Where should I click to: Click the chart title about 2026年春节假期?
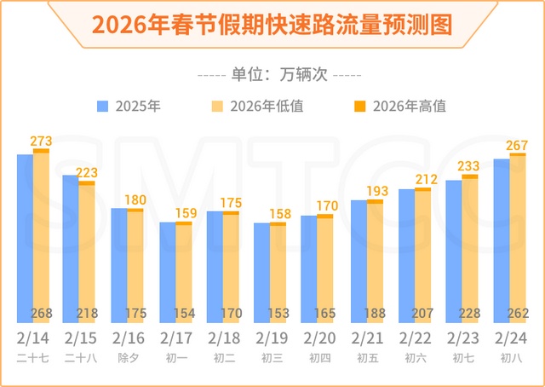tap(272, 24)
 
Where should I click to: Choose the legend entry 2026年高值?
tap(400, 107)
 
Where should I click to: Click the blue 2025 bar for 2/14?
tap(25, 239)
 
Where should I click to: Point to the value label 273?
tap(41, 141)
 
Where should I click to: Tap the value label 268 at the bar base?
tap(42, 313)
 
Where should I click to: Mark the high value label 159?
tap(183, 213)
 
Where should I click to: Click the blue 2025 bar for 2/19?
tap(261, 273)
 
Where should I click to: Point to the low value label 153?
tap(279, 313)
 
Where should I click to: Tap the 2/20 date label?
tap(318, 338)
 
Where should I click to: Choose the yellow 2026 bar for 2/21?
tap(375, 264)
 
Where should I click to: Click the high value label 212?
tap(423, 180)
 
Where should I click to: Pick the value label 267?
tap(518, 146)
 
